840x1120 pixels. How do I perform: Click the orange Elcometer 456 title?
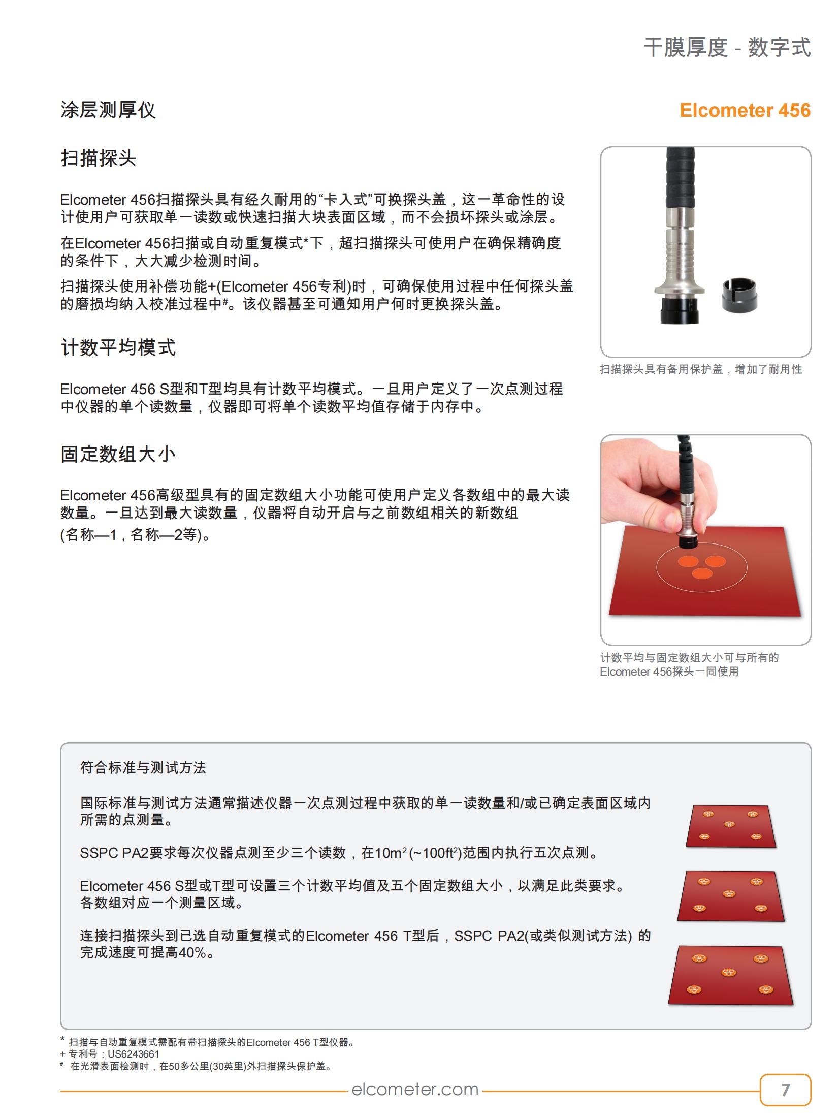(x=745, y=110)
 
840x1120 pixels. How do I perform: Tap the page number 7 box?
(x=785, y=1090)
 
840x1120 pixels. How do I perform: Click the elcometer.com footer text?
(x=415, y=1089)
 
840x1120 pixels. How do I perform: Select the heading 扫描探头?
(x=99, y=158)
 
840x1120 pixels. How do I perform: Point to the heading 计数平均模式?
(x=118, y=348)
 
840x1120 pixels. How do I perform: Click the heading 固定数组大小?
(x=118, y=454)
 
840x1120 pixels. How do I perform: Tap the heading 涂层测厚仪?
(x=108, y=110)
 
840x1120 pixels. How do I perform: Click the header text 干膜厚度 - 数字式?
(x=727, y=48)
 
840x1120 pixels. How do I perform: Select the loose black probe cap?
(x=739, y=294)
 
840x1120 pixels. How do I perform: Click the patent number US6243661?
(x=134, y=1054)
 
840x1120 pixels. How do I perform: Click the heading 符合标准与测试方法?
(x=143, y=767)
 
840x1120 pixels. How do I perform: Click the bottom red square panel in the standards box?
(x=730, y=976)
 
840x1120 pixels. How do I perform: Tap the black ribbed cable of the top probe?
(x=680, y=178)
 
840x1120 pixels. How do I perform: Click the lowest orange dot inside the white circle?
(x=702, y=573)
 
